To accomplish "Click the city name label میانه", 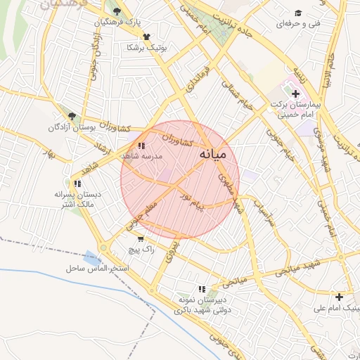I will (x=214, y=153).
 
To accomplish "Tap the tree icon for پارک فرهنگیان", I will (x=117, y=11).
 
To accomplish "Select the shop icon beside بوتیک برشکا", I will (x=146, y=37).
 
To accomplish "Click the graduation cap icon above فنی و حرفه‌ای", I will (x=298, y=13).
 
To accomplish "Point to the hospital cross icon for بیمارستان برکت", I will (x=295, y=94).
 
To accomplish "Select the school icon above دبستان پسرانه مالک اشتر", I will (x=77, y=184).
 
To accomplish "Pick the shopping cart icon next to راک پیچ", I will (x=141, y=239).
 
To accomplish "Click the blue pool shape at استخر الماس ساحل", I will (x=91, y=259).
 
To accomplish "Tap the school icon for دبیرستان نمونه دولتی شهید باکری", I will (x=202, y=289).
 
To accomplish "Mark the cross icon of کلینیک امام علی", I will (x=339, y=297).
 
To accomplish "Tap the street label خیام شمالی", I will (x=236, y=93).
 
